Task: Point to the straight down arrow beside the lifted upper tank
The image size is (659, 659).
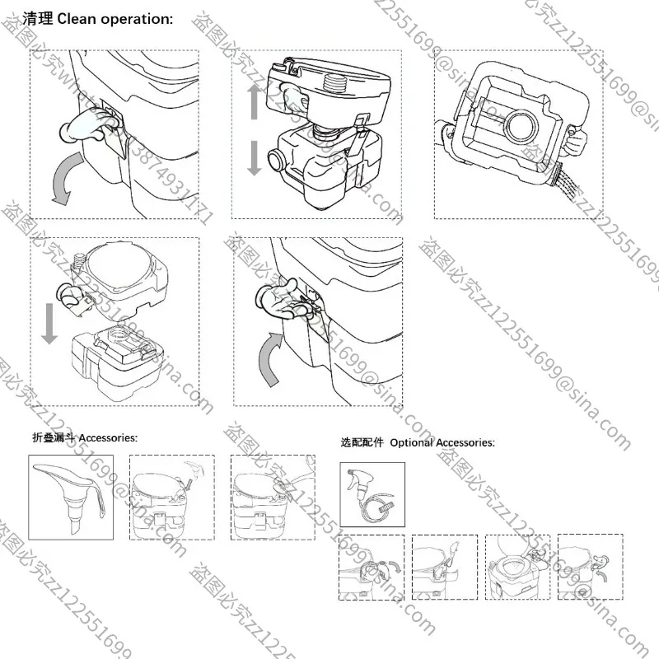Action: pos(50,322)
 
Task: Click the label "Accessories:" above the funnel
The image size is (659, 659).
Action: pos(108,438)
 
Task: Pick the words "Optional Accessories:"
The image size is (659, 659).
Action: pos(442,442)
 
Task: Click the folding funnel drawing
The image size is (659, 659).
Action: pos(69,494)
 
